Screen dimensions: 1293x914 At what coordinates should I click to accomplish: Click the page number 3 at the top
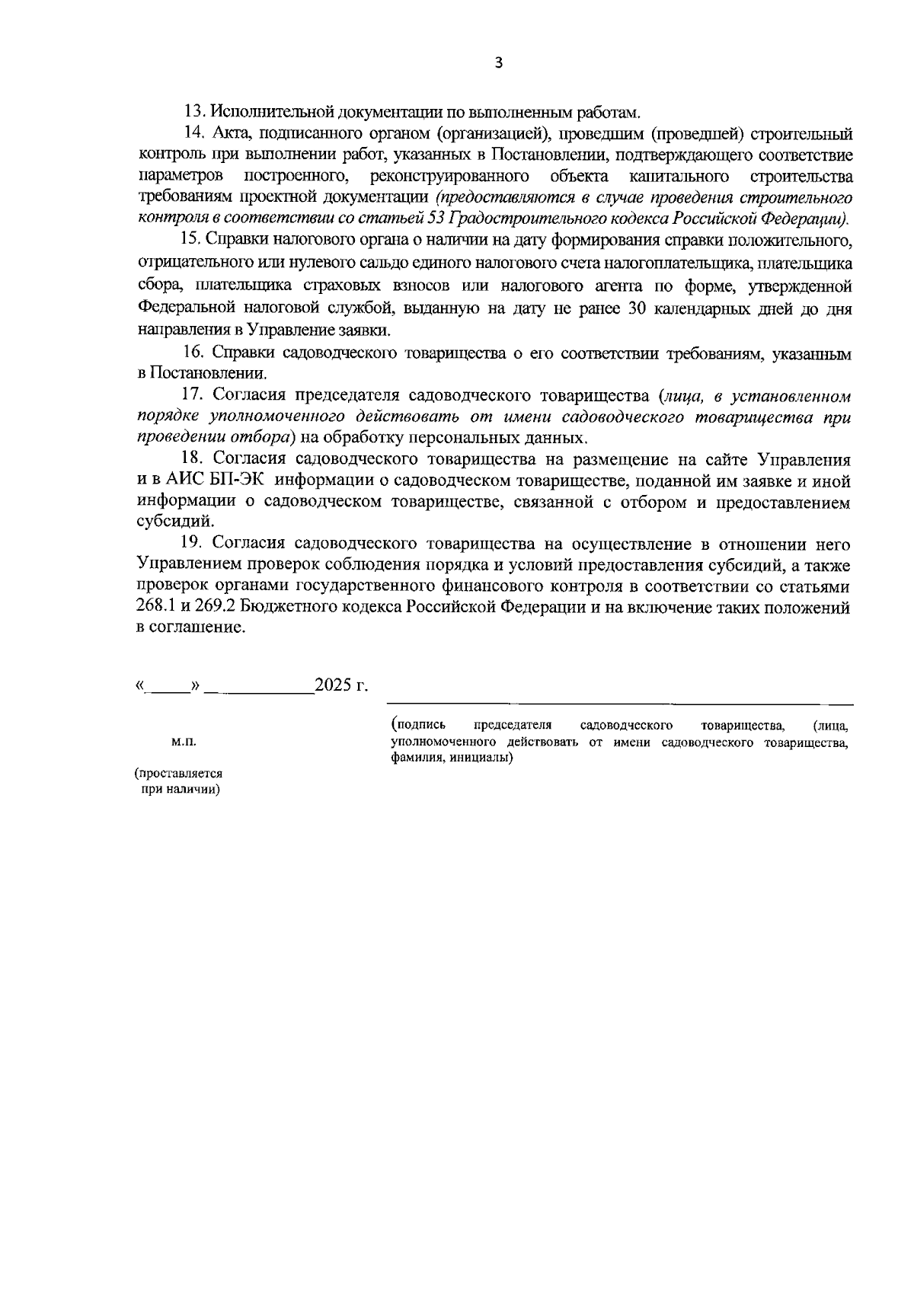tap(499, 64)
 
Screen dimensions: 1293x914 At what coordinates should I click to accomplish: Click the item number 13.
tap(197, 112)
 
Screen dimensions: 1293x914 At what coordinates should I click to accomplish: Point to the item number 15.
tap(190, 241)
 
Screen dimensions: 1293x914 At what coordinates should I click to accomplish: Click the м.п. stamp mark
tap(184, 740)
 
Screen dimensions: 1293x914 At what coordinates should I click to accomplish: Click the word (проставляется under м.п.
tap(178, 773)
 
